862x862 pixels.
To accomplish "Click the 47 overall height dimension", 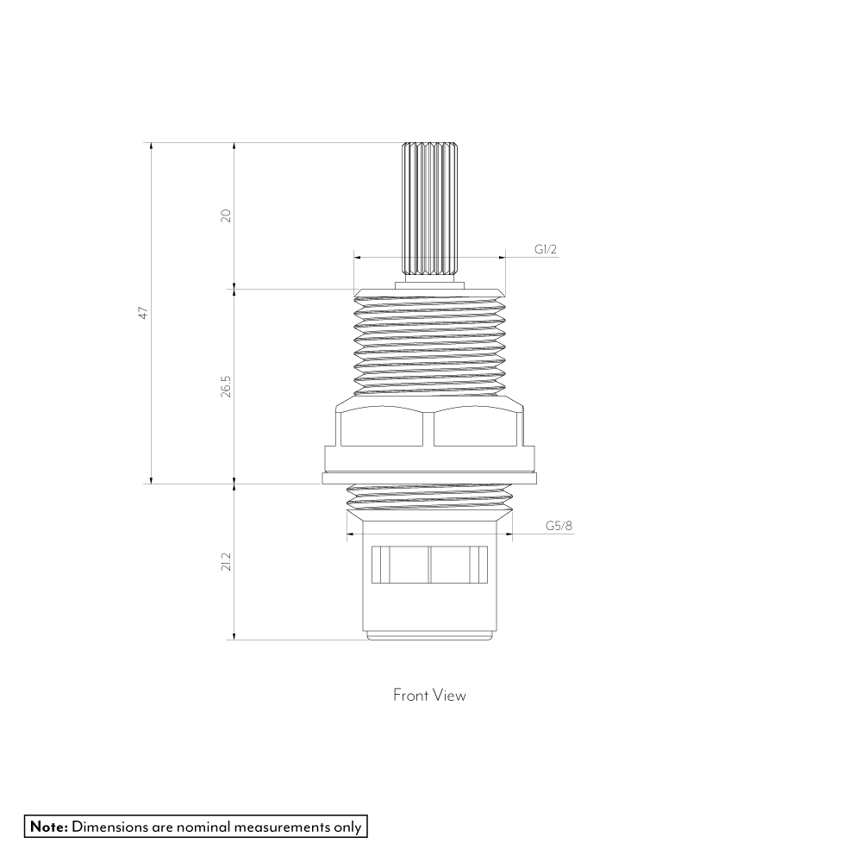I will (145, 313).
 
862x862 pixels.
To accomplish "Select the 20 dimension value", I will (226, 215).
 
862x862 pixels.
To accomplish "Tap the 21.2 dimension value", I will (226, 562).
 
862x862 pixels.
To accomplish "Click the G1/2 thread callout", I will (546, 250).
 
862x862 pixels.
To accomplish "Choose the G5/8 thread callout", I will (558, 527).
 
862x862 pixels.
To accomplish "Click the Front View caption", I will (429, 695).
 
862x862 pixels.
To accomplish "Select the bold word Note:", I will (49, 827).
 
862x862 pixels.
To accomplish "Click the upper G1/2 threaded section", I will (428, 345).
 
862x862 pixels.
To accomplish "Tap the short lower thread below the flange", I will (428, 496).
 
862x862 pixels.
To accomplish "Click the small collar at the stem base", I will (428, 282).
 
